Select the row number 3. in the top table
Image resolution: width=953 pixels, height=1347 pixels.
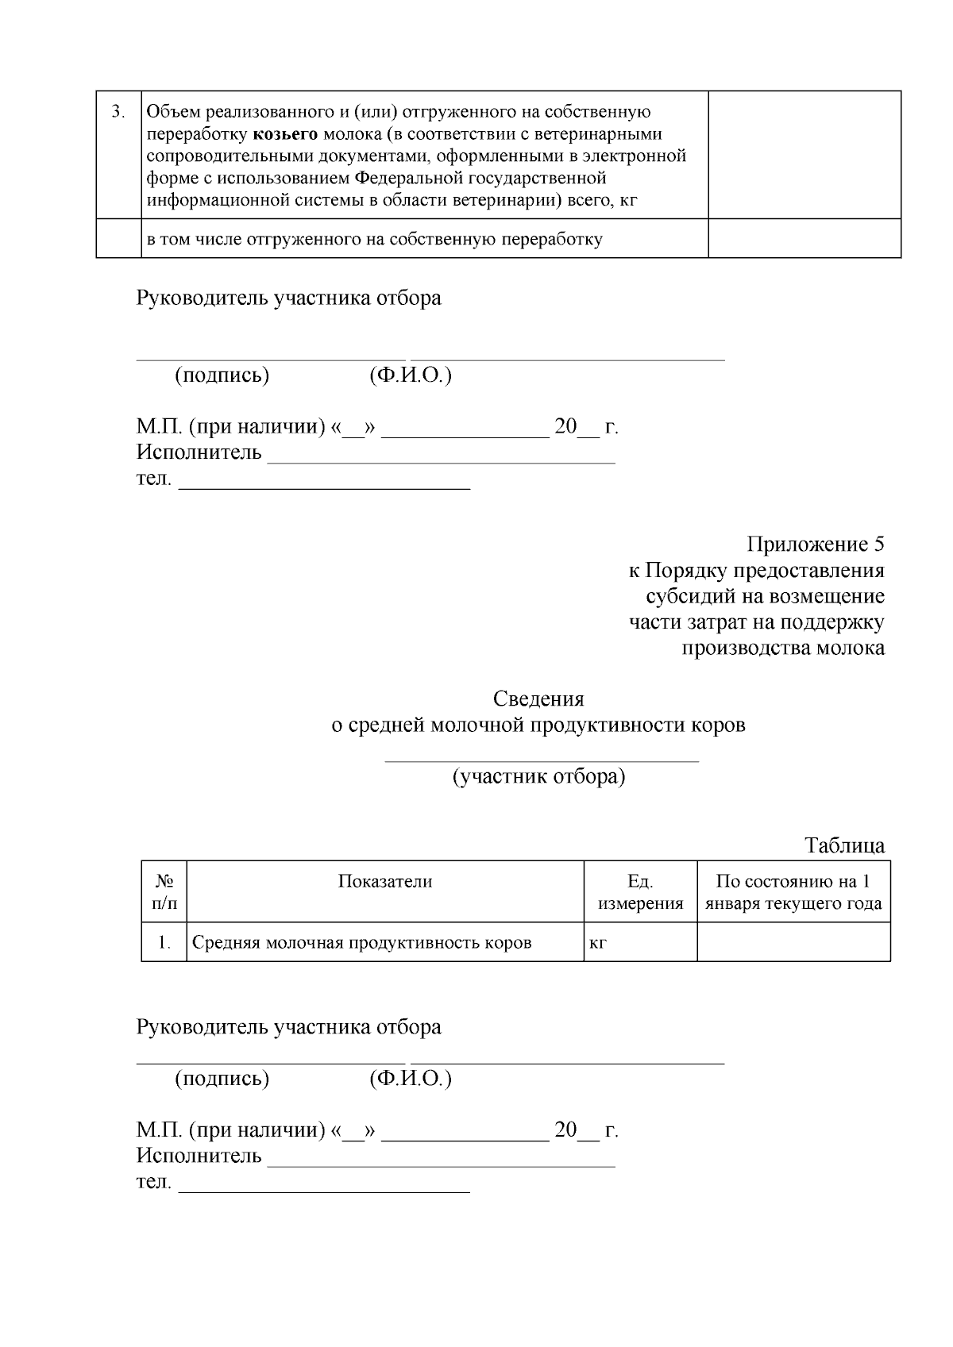pyautogui.click(x=118, y=112)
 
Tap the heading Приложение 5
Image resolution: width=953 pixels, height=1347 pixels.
pyautogui.click(x=815, y=545)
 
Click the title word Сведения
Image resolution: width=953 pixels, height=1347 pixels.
pyautogui.click(x=538, y=699)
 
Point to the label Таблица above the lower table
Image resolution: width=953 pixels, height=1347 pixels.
pyautogui.click(x=844, y=845)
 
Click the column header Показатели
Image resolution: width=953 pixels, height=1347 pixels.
pyautogui.click(x=385, y=881)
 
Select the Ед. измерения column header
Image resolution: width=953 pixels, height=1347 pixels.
pyautogui.click(x=640, y=892)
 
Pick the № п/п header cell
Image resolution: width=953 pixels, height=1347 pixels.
pyautogui.click(x=164, y=892)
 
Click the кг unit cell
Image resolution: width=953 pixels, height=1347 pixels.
pyautogui.click(x=598, y=943)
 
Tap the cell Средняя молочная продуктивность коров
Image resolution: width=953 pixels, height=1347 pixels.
pyautogui.click(x=362, y=943)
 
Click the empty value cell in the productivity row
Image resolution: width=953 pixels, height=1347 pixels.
pyautogui.click(x=793, y=942)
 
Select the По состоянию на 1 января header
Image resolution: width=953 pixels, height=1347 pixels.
pyautogui.click(x=793, y=892)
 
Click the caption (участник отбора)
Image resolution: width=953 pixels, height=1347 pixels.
pyautogui.click(x=538, y=776)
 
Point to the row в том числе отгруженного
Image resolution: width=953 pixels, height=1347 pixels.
pyautogui.click(x=373, y=239)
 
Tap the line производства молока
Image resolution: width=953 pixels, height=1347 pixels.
pyautogui.click(x=783, y=648)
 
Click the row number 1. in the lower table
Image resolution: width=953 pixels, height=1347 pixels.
pyautogui.click(x=164, y=943)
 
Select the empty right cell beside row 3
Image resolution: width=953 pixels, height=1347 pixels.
pyautogui.click(x=804, y=155)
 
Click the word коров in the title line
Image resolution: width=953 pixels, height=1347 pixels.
pyautogui.click(x=719, y=725)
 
